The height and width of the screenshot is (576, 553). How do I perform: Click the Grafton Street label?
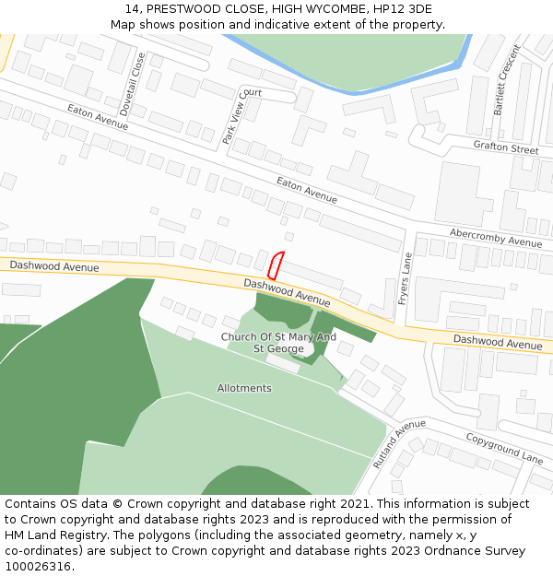coord(505,147)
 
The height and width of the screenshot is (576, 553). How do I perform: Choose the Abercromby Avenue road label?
coord(496,237)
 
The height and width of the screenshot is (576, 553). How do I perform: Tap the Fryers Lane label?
coord(404,279)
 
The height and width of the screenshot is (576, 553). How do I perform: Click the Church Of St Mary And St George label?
coord(277,343)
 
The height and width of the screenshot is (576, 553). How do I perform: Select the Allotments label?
coord(244,388)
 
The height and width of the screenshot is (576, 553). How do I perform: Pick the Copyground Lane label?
coord(503,448)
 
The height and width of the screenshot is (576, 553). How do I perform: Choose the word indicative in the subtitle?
coord(283,25)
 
